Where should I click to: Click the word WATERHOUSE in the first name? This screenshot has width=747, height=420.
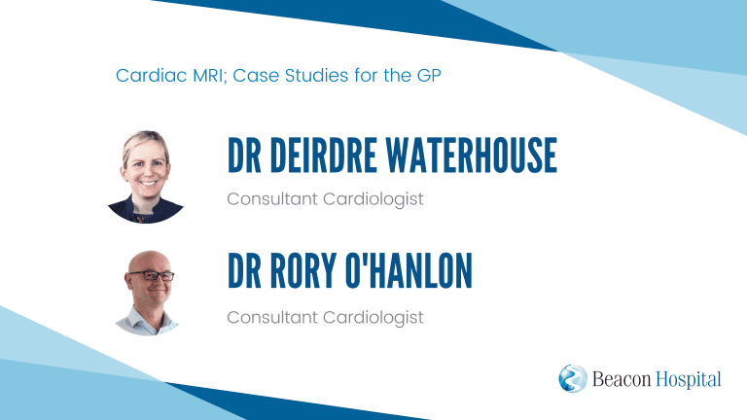(x=471, y=156)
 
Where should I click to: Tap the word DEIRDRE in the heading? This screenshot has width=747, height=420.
(x=324, y=156)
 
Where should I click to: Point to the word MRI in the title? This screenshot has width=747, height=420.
(x=209, y=76)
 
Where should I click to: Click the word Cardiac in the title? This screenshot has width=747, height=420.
(x=151, y=75)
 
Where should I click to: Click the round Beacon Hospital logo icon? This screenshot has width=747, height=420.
(x=573, y=378)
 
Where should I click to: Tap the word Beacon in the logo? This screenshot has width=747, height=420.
(x=622, y=379)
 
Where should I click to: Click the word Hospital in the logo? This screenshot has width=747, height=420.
(x=689, y=380)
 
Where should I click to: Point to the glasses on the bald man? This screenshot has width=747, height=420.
(x=152, y=276)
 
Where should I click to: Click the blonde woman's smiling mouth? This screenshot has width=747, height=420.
(x=147, y=183)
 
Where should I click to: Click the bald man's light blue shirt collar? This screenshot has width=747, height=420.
(x=148, y=318)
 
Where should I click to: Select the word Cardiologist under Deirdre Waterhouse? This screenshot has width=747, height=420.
(x=373, y=199)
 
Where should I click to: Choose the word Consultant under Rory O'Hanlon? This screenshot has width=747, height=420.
(x=272, y=318)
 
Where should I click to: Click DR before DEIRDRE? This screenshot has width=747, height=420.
(x=244, y=156)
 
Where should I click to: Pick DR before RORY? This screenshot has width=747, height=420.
(x=244, y=270)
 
